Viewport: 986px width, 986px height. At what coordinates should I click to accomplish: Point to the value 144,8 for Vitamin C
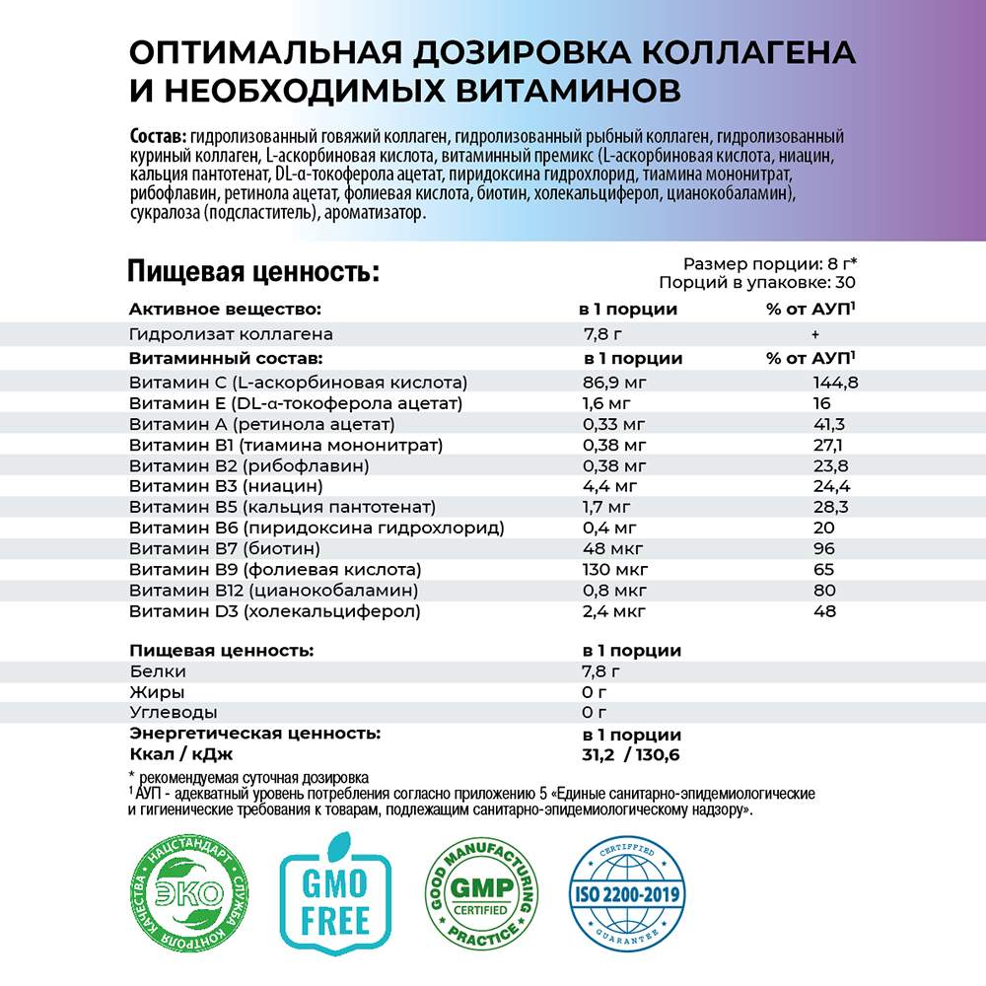(x=830, y=383)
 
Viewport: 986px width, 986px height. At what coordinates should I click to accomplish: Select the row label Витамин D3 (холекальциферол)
(x=275, y=611)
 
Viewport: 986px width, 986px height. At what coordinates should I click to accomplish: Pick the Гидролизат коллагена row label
(x=231, y=334)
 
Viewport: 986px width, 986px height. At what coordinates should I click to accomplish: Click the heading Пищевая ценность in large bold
(x=253, y=271)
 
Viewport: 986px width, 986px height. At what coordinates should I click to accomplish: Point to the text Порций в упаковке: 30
(x=757, y=282)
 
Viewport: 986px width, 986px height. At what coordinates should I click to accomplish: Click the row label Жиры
(x=157, y=692)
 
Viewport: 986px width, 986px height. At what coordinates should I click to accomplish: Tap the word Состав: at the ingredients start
(x=157, y=136)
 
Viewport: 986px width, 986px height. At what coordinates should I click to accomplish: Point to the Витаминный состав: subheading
(x=226, y=359)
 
